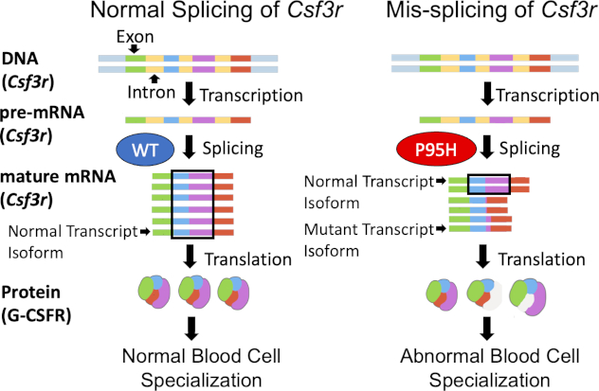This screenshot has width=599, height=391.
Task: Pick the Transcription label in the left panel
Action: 260,96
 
